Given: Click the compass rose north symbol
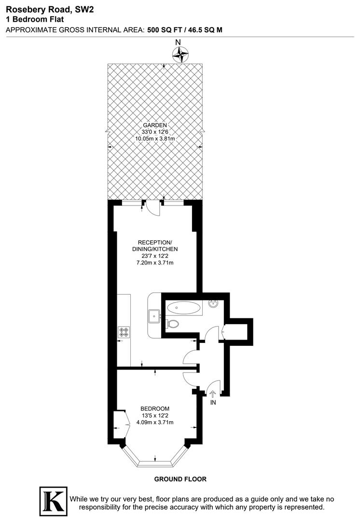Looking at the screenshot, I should tap(181, 54).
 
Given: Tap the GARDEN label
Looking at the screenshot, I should tap(154, 124).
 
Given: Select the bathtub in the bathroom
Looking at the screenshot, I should tap(183, 306).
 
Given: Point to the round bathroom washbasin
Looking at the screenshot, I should tap(214, 303).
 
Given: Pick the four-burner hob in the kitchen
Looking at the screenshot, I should tap(124, 332).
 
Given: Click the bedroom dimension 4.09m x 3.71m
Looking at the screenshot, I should tap(154, 422).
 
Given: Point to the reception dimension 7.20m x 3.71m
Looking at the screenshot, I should tap(154, 263).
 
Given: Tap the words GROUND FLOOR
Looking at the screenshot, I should tap(180, 479).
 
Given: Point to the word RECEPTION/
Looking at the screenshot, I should tap(154, 242).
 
